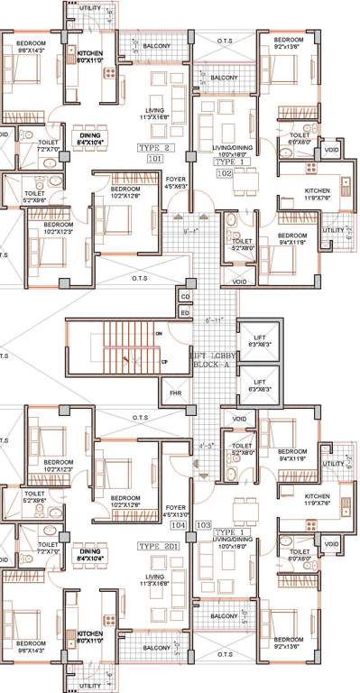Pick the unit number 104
[x=179, y=522]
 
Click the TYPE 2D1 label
[x=160, y=546]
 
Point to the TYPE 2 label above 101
[x=154, y=144]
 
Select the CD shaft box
[x=185, y=296]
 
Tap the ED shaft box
[x=185, y=311]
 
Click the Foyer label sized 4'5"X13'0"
[x=175, y=512]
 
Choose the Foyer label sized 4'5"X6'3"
[x=175, y=184]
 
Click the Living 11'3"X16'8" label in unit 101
[x=156, y=111]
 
